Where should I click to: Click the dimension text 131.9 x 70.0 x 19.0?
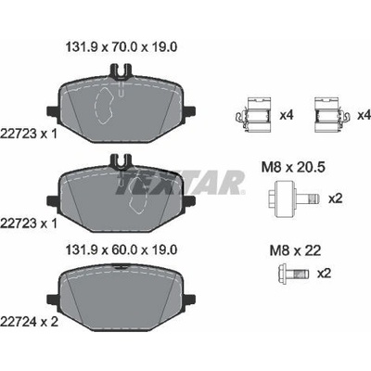(122, 47)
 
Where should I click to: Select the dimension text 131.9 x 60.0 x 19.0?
(122, 249)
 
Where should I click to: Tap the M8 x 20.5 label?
(293, 168)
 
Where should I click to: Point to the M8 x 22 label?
(295, 250)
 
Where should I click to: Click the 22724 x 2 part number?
(29, 322)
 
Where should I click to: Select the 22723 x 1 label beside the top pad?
(29, 134)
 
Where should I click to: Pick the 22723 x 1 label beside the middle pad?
(29, 224)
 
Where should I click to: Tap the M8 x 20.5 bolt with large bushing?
(293, 198)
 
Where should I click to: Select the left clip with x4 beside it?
(253, 115)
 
